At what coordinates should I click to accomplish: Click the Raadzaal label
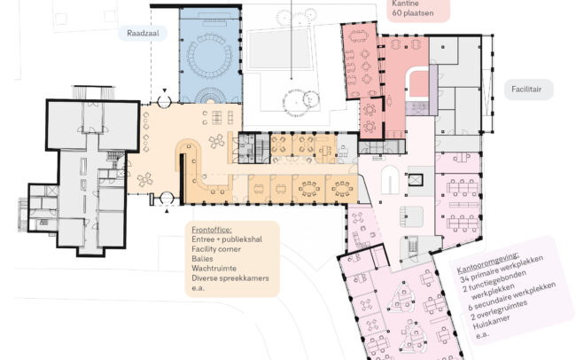pyautogui.click(x=143, y=33)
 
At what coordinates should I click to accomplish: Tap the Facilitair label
pyautogui.click(x=526, y=89)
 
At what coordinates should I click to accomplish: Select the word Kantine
pyautogui.click(x=405, y=4)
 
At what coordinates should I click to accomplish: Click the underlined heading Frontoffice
pyautogui.click(x=212, y=230)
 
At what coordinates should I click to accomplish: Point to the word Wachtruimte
pyautogui.click(x=214, y=269)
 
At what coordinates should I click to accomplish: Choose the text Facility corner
pyautogui.click(x=216, y=249)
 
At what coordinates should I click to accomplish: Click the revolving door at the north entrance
pyautogui.click(x=164, y=101)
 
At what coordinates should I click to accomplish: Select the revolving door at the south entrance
pyautogui.click(x=167, y=199)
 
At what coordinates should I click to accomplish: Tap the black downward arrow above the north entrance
pyautogui.click(x=165, y=90)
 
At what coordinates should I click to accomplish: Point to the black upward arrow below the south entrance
pyautogui.click(x=167, y=211)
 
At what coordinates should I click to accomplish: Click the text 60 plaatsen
pyautogui.click(x=413, y=13)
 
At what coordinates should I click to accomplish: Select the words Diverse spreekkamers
pyautogui.click(x=230, y=278)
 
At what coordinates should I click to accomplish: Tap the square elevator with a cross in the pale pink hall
pyautogui.click(x=416, y=180)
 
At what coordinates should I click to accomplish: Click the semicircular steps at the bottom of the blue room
pyautogui.click(x=211, y=95)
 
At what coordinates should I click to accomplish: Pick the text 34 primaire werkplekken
pyautogui.click(x=502, y=268)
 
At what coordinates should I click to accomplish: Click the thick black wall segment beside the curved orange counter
pyautogui.click(x=182, y=179)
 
